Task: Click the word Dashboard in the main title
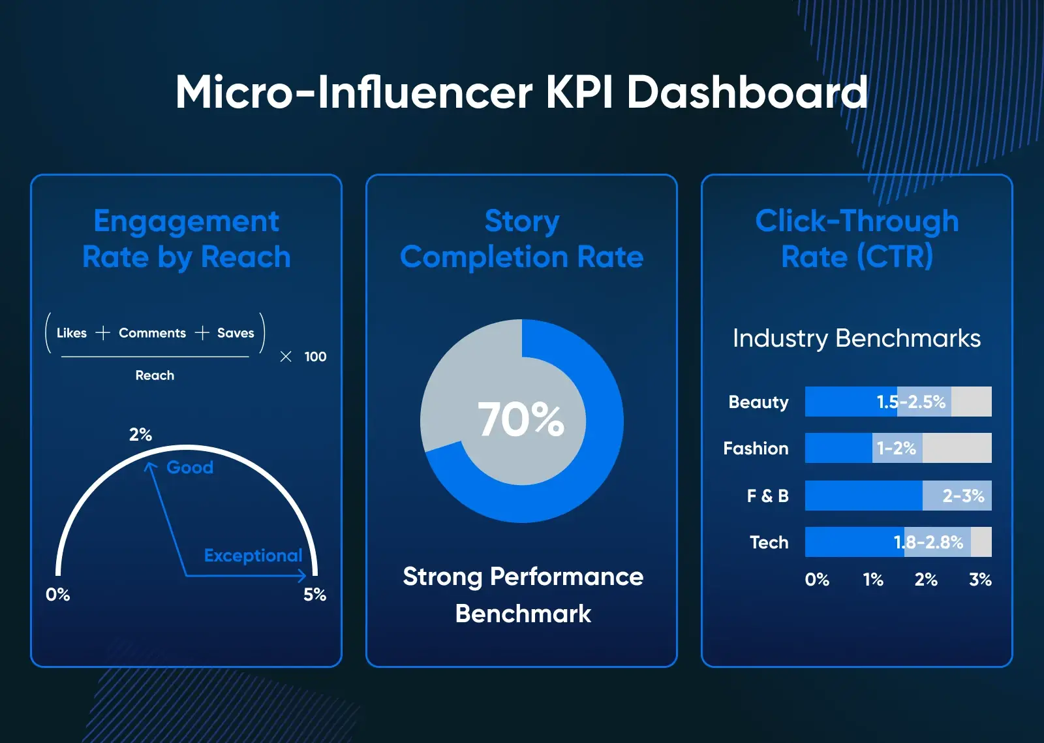[746, 92]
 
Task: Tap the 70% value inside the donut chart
[521, 419]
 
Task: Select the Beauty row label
[758, 402]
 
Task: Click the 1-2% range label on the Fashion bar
[897, 449]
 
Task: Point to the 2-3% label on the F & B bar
[963, 496]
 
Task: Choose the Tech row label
[769, 543]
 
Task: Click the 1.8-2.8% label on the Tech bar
[928, 543]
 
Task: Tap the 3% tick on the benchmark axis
[980, 580]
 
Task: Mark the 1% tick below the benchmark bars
[873, 580]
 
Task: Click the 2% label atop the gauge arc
[140, 435]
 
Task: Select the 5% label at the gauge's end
[315, 595]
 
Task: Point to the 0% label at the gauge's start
[57, 595]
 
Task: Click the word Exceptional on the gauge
[253, 556]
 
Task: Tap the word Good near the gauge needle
[190, 467]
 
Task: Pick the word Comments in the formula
[152, 333]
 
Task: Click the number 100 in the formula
[315, 357]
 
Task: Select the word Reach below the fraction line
[155, 375]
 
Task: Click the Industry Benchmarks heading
[856, 338]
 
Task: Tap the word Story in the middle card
[522, 221]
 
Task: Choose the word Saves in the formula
[236, 333]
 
